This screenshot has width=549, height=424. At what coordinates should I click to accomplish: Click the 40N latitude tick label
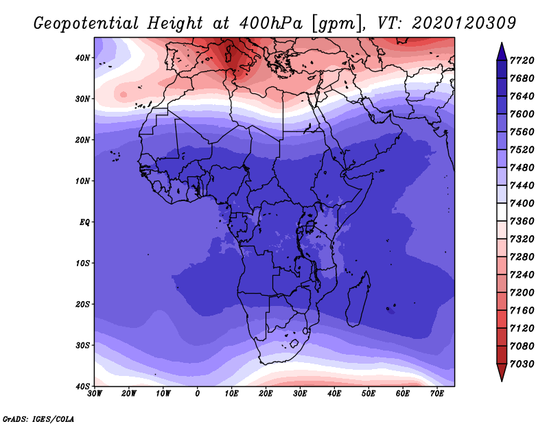82,58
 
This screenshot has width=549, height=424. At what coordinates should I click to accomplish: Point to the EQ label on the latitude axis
84,222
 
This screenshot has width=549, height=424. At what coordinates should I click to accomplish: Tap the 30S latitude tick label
82,345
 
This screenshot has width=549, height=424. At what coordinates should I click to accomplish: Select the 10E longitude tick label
231,394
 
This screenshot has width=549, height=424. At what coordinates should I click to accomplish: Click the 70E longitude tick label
437,394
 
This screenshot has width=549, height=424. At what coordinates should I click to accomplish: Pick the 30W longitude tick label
95,394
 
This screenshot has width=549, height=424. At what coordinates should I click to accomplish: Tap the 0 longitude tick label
198,394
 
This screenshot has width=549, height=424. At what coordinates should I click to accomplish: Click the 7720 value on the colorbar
522,60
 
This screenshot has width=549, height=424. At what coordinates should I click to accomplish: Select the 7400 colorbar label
522,203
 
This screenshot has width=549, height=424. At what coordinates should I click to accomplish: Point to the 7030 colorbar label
522,364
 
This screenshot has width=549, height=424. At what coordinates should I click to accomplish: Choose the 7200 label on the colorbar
522,293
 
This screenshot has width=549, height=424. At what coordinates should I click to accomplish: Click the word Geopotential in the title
86,24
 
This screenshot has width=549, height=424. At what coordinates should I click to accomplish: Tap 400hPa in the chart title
271,23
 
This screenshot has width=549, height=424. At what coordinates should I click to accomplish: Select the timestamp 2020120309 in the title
464,23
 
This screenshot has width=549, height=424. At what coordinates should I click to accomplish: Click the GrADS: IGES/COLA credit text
38,419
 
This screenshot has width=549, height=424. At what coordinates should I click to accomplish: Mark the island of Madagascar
358,299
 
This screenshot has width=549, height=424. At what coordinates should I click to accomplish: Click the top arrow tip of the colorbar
502,43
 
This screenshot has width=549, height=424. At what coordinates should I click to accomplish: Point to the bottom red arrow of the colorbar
502,372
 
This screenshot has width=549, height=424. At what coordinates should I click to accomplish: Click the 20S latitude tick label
82,304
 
